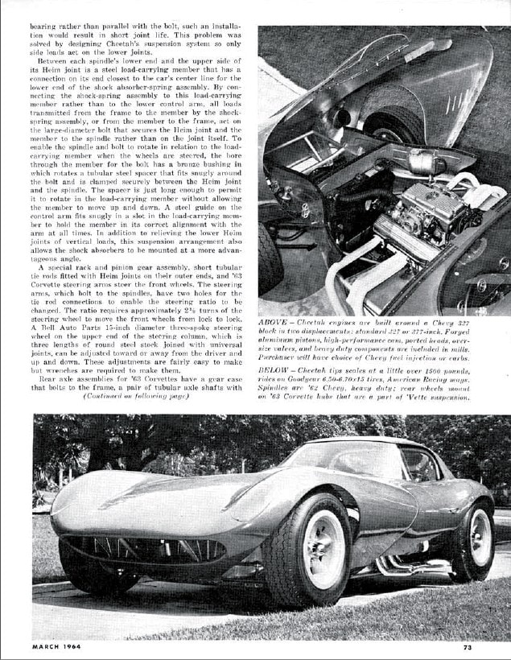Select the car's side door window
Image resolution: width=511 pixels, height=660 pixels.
[419, 465]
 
